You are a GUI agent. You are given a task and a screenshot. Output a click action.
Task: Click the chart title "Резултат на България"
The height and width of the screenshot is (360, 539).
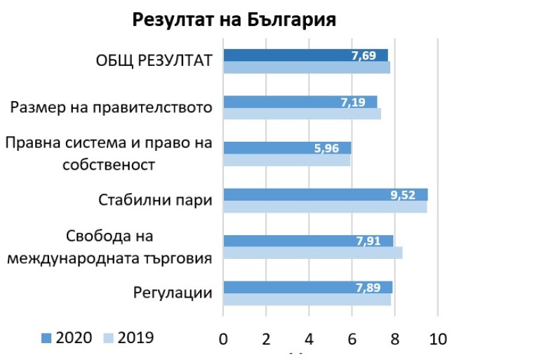point(234,20)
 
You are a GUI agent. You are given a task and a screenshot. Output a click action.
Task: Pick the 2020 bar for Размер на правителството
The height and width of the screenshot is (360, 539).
point(281,102)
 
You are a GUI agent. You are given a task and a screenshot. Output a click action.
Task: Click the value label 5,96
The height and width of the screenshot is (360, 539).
point(328,148)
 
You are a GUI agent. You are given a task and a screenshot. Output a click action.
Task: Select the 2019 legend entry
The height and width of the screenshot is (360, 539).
point(128,338)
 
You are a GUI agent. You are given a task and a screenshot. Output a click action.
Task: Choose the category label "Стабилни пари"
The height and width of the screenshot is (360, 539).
point(155,201)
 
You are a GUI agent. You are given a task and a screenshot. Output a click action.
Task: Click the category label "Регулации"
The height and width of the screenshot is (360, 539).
point(173,293)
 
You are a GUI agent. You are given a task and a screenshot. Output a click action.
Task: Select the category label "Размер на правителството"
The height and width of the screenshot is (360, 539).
point(112,108)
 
